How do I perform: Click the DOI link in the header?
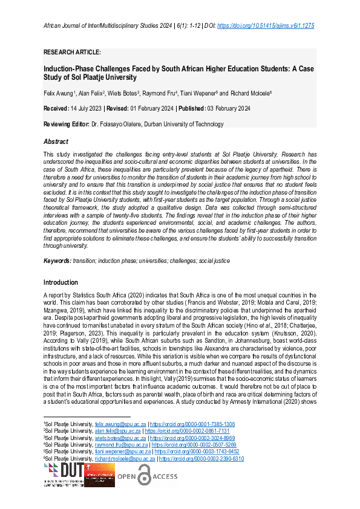click(265, 26)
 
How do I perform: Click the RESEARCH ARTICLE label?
click(72, 53)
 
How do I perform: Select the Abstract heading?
click(56, 141)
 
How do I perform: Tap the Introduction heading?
click(61, 282)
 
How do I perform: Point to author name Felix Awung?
click(59, 93)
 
